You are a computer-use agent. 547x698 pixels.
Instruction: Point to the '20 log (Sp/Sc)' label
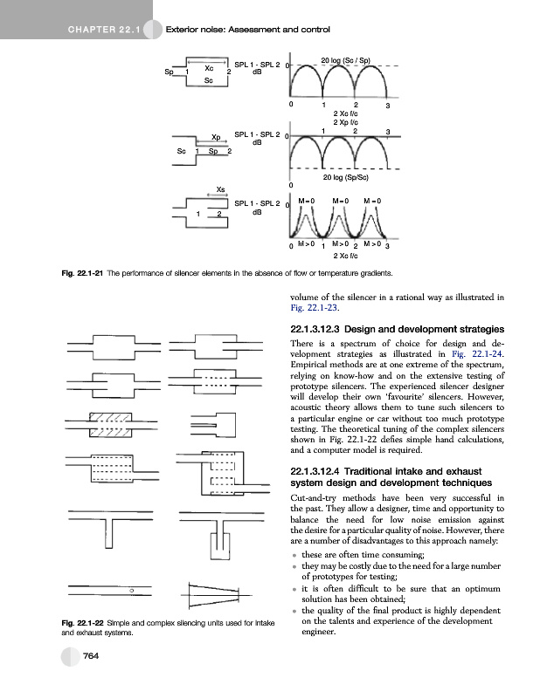[344, 177]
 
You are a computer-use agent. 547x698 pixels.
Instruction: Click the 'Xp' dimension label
[216, 137]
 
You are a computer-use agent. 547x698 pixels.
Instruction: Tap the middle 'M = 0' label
[341, 202]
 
